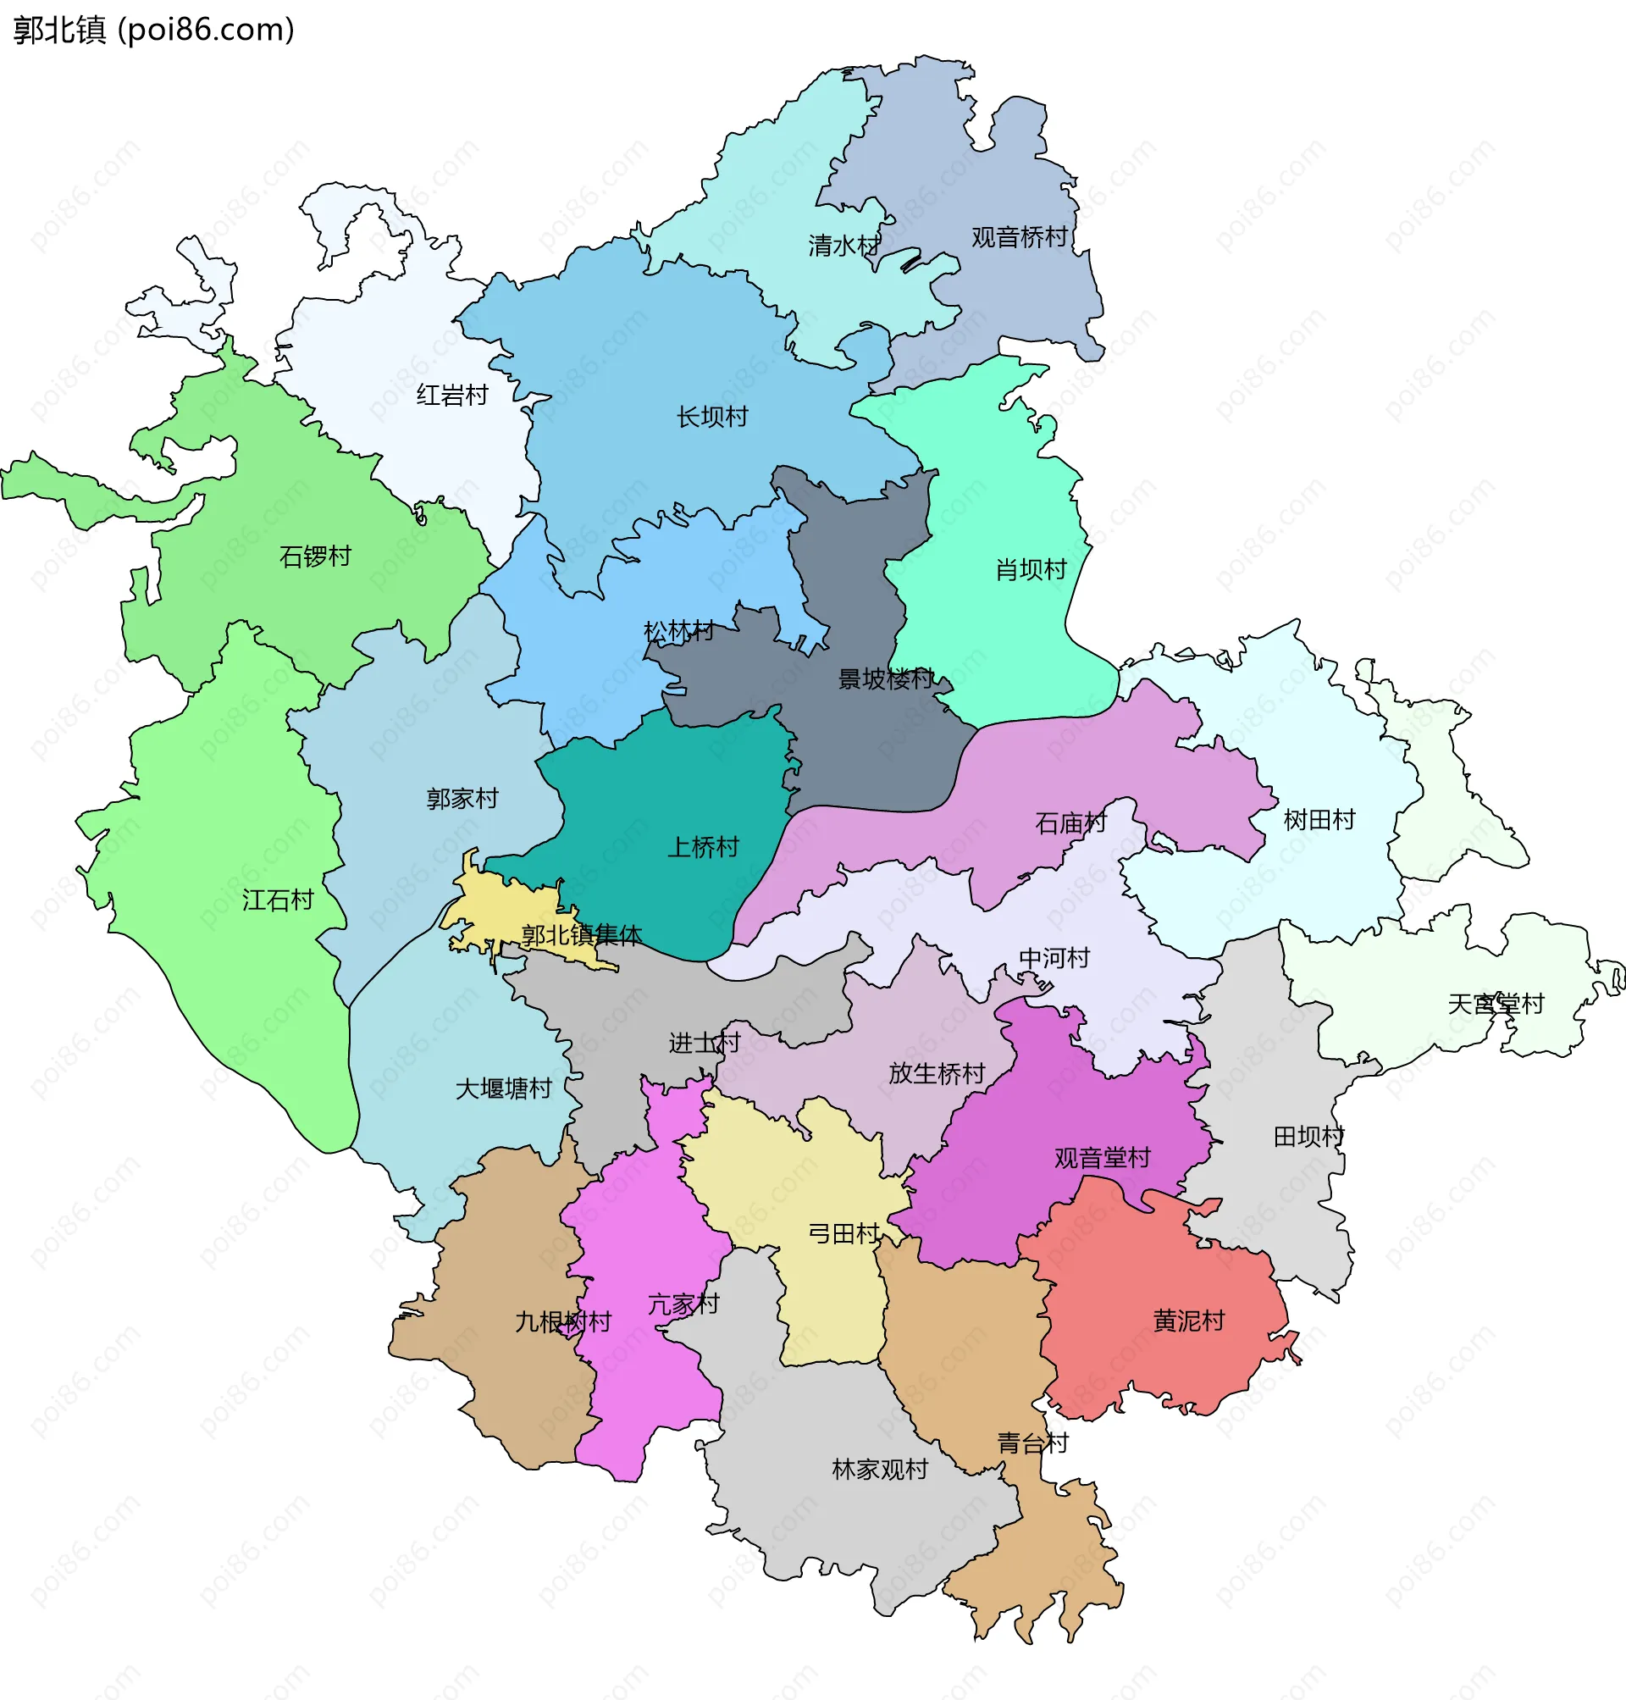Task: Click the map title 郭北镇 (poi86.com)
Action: point(154,30)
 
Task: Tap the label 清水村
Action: point(843,246)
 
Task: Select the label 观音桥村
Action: point(1020,237)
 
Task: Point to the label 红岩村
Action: point(451,396)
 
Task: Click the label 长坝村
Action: point(711,418)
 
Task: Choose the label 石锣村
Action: point(316,557)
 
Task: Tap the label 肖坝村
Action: point(1031,570)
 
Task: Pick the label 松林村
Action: point(678,632)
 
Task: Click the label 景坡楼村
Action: point(886,678)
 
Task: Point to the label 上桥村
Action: point(703,848)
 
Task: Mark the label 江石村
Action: point(278,900)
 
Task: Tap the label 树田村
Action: point(1319,820)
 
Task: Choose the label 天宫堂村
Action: point(1496,1005)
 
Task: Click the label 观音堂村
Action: point(1103,1158)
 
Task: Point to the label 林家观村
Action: point(880,1470)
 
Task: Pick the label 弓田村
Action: point(843,1234)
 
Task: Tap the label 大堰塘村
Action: point(504,1088)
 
